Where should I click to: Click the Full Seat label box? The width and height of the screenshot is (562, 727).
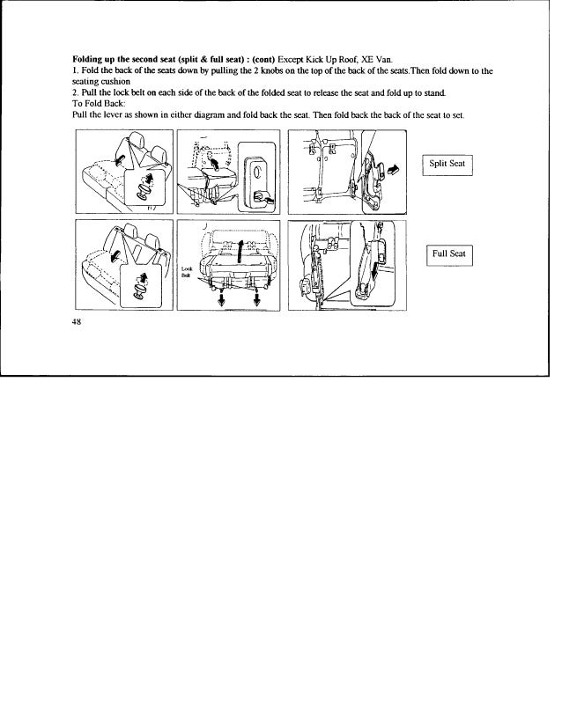tap(449, 254)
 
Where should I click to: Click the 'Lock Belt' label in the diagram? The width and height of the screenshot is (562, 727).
tap(186, 271)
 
